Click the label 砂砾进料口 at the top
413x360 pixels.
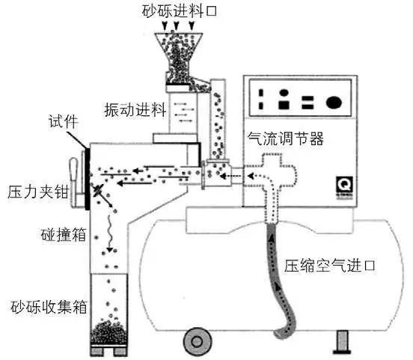point(180,11)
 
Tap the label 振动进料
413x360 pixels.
point(135,109)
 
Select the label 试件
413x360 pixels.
point(63,122)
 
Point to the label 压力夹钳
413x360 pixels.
point(38,192)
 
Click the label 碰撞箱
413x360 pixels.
point(64,234)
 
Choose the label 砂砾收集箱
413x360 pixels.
point(49,307)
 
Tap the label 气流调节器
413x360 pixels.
point(286,138)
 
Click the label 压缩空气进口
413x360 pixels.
point(329,266)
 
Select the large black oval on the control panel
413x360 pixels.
point(334,102)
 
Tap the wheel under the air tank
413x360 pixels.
point(198,342)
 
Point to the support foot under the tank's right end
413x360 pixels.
point(343,342)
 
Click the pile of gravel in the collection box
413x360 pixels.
point(108,333)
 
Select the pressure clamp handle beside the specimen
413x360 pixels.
point(75,183)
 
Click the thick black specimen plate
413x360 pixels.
point(88,179)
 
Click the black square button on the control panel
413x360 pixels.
point(284,105)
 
